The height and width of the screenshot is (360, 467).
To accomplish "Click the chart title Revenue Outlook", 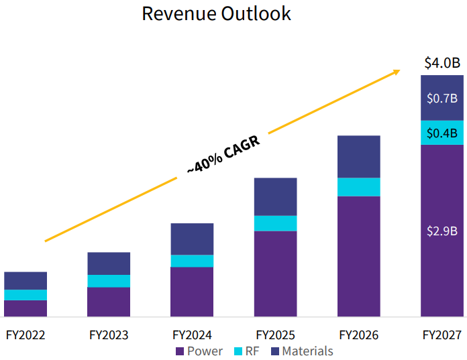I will click(x=216, y=14).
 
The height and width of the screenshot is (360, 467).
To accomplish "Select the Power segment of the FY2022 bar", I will click(x=25, y=308).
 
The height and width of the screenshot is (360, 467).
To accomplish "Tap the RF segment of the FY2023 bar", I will click(x=109, y=281).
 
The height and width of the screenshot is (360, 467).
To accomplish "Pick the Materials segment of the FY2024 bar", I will click(x=192, y=239).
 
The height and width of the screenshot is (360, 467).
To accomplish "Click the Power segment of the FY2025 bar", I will click(x=275, y=274).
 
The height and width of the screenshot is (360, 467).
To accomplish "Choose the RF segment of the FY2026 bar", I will click(x=358, y=187).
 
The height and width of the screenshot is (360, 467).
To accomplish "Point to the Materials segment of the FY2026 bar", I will click(x=358, y=156).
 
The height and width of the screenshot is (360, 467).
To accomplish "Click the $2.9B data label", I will click(x=442, y=231).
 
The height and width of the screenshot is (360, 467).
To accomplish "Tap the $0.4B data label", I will click(x=442, y=133).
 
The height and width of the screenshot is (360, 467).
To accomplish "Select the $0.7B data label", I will click(x=442, y=98).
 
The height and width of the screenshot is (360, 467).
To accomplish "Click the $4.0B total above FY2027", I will click(x=442, y=64).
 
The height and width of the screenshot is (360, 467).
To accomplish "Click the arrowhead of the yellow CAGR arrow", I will click(x=397, y=70).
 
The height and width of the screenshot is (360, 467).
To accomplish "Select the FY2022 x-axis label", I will click(x=25, y=335).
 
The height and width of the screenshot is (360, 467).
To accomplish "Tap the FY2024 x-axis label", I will click(x=192, y=335).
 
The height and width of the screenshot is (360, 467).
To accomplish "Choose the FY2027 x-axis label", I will click(x=442, y=335).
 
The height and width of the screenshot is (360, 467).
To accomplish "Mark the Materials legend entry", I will click(x=301, y=351).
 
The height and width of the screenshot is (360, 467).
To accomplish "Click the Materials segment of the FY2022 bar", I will click(x=25, y=280).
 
